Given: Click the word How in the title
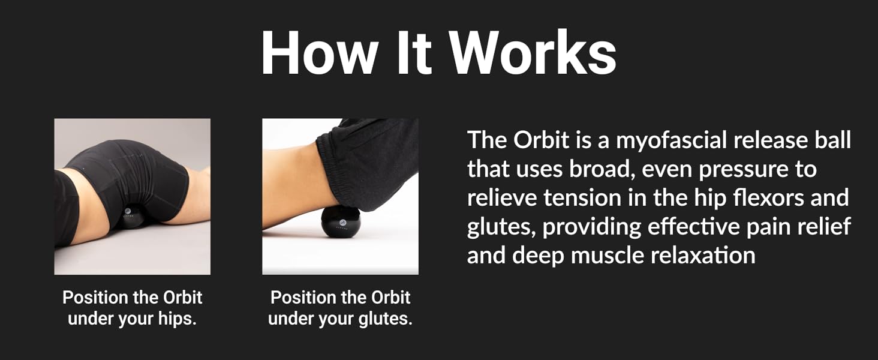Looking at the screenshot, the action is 320,52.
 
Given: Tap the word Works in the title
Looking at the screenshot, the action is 533,52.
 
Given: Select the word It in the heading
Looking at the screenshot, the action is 414,52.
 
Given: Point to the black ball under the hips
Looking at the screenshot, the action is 131,217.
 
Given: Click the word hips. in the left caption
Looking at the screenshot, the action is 177,319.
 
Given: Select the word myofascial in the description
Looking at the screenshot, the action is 672,140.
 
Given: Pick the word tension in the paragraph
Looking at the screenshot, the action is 583,197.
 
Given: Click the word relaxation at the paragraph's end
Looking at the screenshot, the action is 703,255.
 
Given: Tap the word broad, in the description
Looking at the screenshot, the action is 602,169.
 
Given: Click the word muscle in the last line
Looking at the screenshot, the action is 607,255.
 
